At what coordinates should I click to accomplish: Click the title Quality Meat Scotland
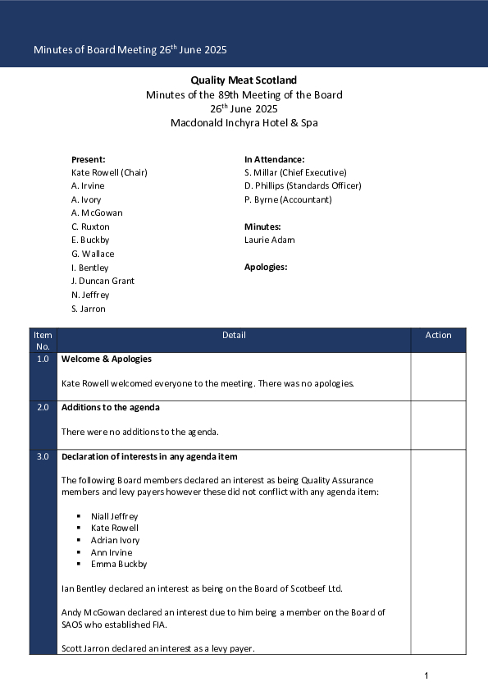click(x=244, y=80)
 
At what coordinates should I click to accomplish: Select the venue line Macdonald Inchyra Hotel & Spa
click(x=244, y=123)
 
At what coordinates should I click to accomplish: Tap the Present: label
click(x=88, y=159)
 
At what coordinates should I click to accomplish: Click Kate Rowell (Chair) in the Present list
click(x=109, y=172)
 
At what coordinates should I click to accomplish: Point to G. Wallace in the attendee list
click(x=93, y=254)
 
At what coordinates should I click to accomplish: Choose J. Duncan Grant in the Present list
click(x=103, y=281)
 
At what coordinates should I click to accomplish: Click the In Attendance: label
click(x=274, y=159)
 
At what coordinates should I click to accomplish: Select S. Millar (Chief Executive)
click(x=295, y=172)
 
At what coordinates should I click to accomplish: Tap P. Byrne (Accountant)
click(x=288, y=199)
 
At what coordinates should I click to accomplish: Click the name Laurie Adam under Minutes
click(x=269, y=240)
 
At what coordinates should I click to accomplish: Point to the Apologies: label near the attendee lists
click(x=266, y=267)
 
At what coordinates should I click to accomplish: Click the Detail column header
click(x=234, y=335)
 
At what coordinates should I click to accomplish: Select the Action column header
click(x=438, y=335)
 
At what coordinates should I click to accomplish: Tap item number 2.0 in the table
click(x=43, y=407)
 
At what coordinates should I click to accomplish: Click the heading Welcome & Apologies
click(x=106, y=359)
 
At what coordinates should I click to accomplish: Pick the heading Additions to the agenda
click(x=110, y=407)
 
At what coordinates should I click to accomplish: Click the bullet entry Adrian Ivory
click(x=115, y=540)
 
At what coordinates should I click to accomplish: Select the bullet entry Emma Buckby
click(x=119, y=564)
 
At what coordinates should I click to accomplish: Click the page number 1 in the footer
click(x=426, y=675)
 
